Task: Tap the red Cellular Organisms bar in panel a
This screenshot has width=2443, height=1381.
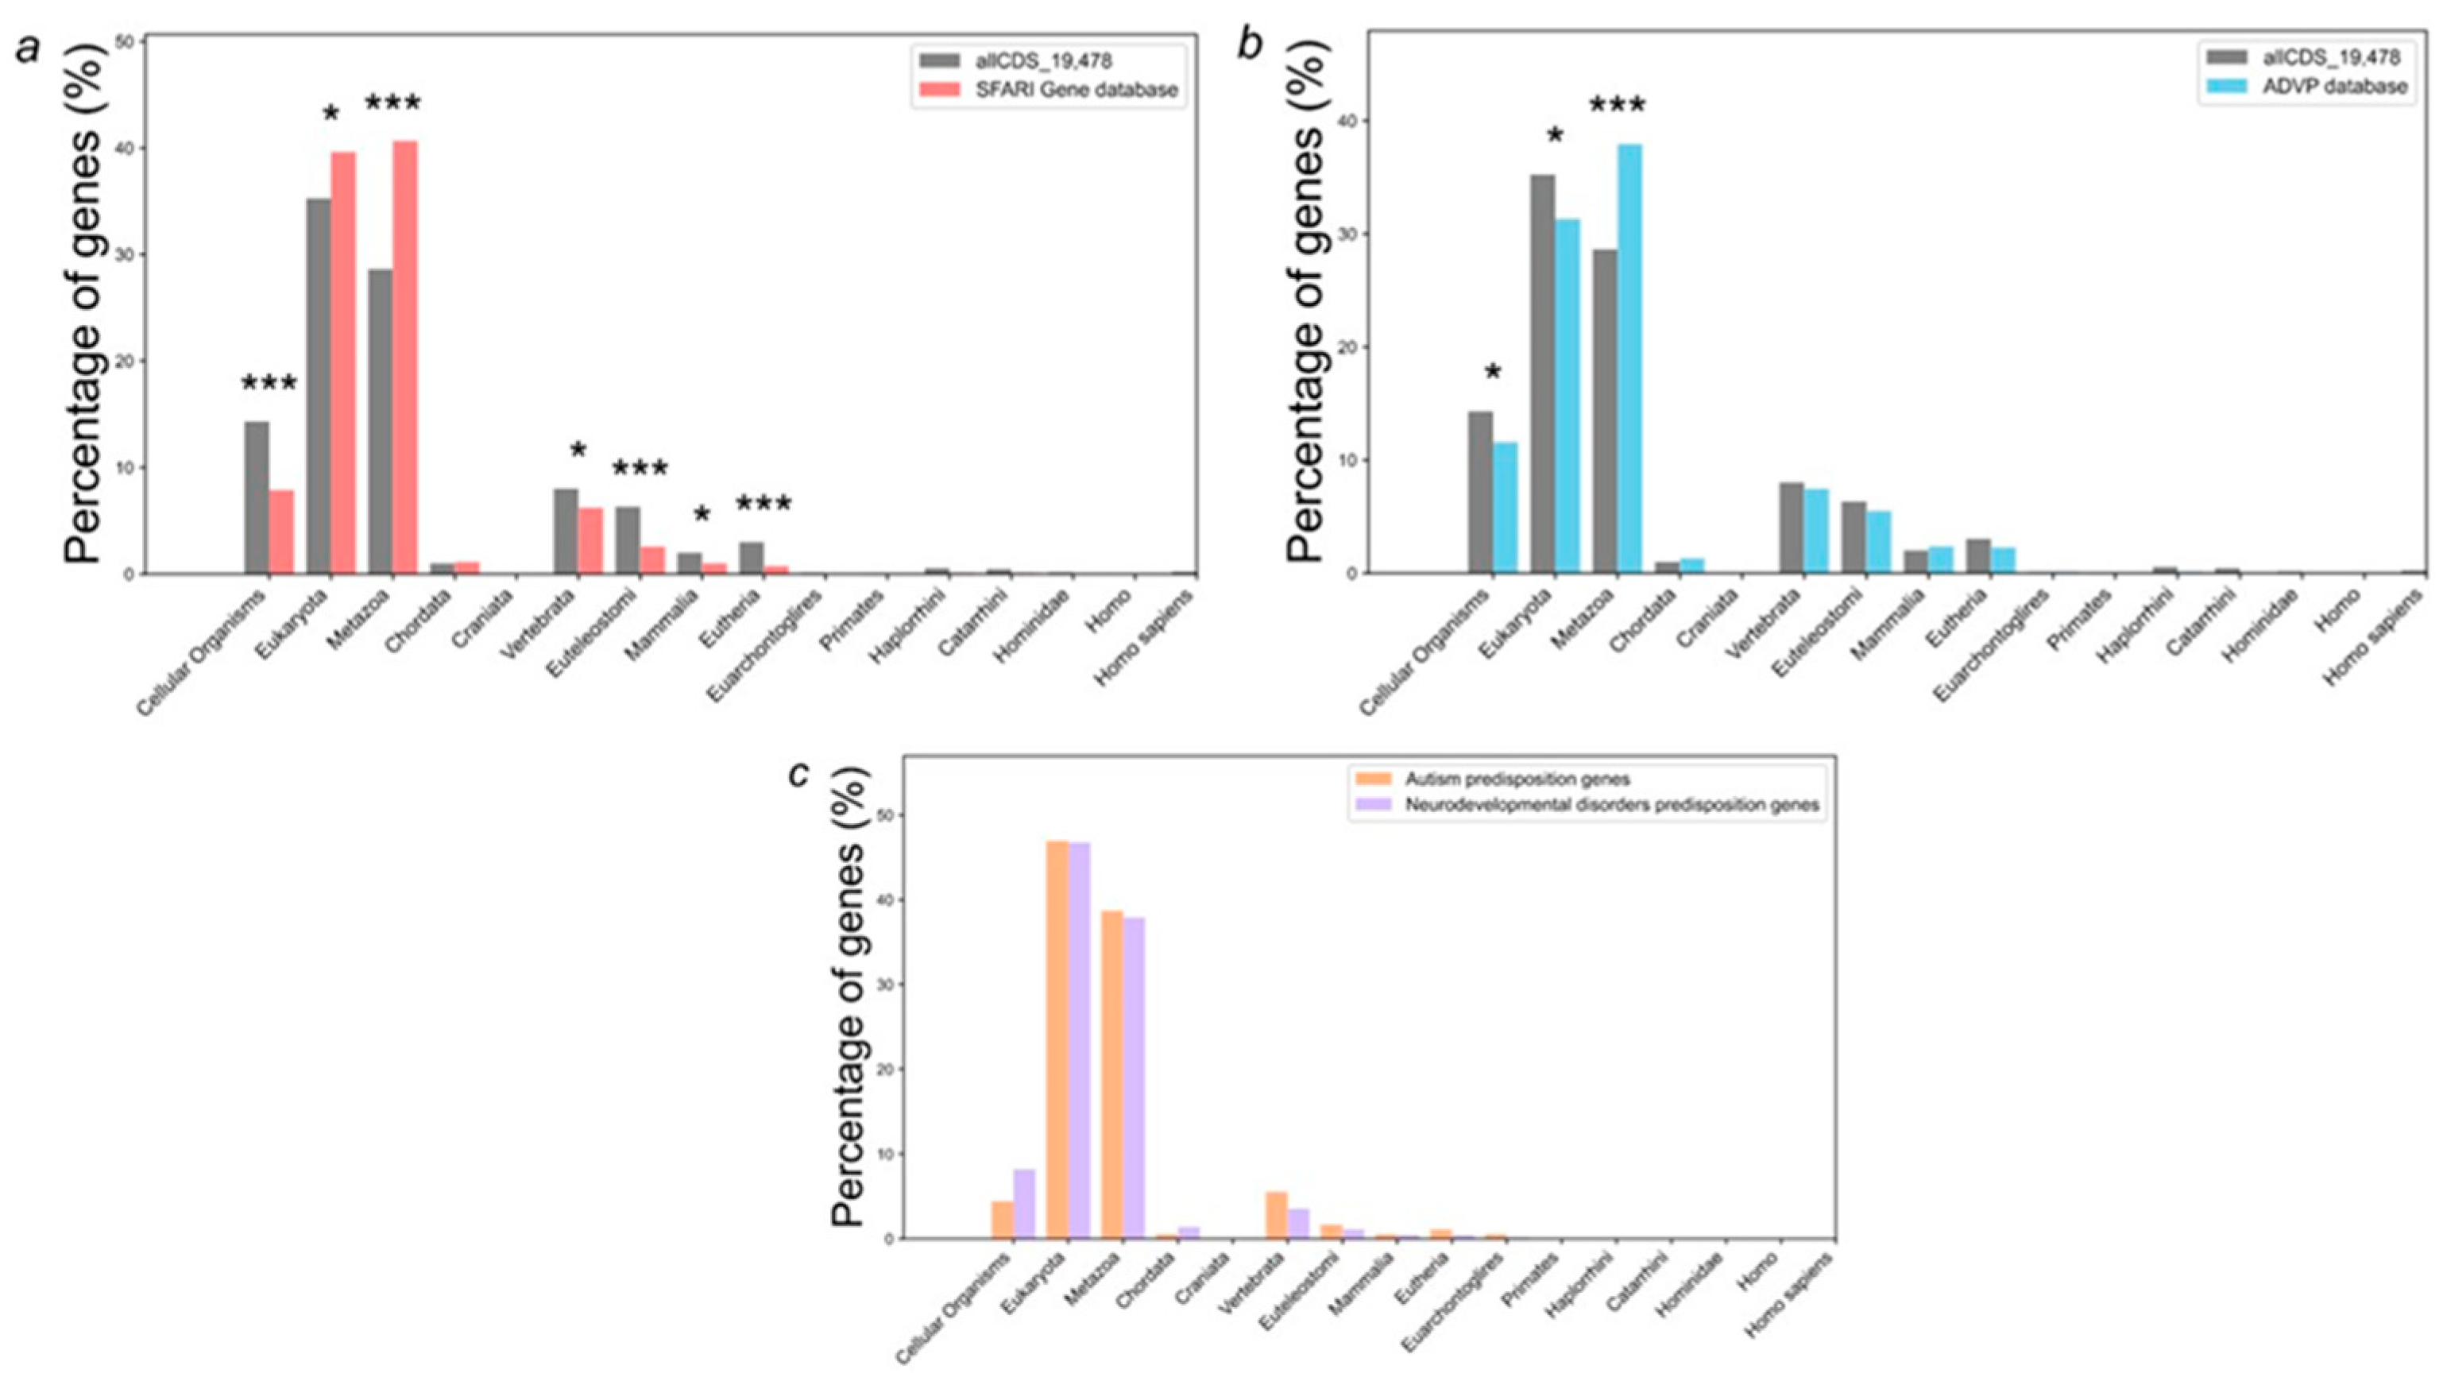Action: coord(280,531)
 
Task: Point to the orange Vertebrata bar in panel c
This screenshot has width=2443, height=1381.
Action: coord(1277,1215)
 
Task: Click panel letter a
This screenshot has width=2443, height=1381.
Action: coord(29,48)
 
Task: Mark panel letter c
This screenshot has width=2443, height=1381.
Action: coord(799,774)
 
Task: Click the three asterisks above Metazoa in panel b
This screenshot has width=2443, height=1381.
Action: coord(1617,105)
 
